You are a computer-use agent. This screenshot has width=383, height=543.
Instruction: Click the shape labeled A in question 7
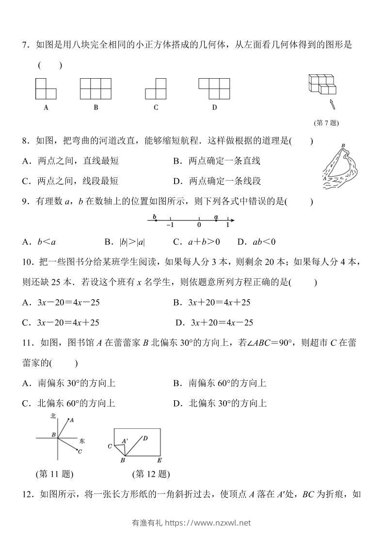[45, 89]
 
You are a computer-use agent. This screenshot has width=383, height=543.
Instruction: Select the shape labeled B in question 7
[96, 89]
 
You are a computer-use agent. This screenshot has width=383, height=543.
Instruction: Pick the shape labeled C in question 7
[156, 89]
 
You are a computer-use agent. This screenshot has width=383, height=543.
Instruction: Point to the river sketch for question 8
[338, 165]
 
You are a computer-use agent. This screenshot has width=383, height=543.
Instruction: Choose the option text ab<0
[256, 241]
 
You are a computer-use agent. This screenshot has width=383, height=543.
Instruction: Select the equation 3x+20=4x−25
[223, 322]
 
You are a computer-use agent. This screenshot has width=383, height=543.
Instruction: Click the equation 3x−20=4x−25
[68, 302]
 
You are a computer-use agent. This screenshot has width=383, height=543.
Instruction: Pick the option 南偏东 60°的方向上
[227, 383]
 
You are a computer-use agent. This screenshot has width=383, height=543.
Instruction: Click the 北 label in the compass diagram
[53, 417]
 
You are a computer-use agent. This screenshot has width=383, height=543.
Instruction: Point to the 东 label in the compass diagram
[82, 441]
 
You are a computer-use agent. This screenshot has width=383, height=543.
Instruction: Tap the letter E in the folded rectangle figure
[160, 460]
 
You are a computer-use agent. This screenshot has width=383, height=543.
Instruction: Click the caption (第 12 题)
[151, 474]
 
